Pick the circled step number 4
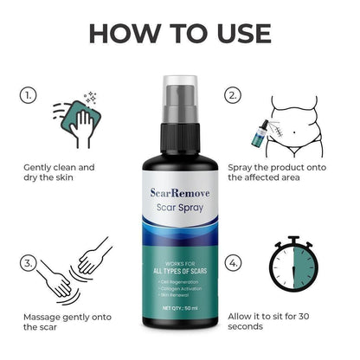point(232,262)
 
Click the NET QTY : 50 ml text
point(179,308)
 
